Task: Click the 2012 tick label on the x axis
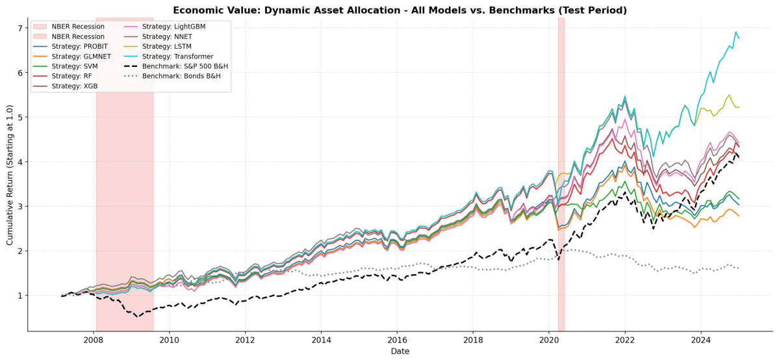coord(245,341)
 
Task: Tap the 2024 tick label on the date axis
coord(700,341)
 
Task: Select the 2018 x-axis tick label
coord(472,341)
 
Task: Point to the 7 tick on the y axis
coord(21,29)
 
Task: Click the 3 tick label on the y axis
coord(21,207)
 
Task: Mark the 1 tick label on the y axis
coord(21,296)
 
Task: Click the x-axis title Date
coord(400,352)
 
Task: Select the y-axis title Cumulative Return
coord(10,175)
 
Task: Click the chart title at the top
coord(400,10)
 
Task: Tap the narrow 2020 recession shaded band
coord(561,174)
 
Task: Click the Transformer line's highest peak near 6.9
coord(735,32)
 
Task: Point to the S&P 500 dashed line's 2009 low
coord(138,316)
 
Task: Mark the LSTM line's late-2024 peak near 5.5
coord(729,95)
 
